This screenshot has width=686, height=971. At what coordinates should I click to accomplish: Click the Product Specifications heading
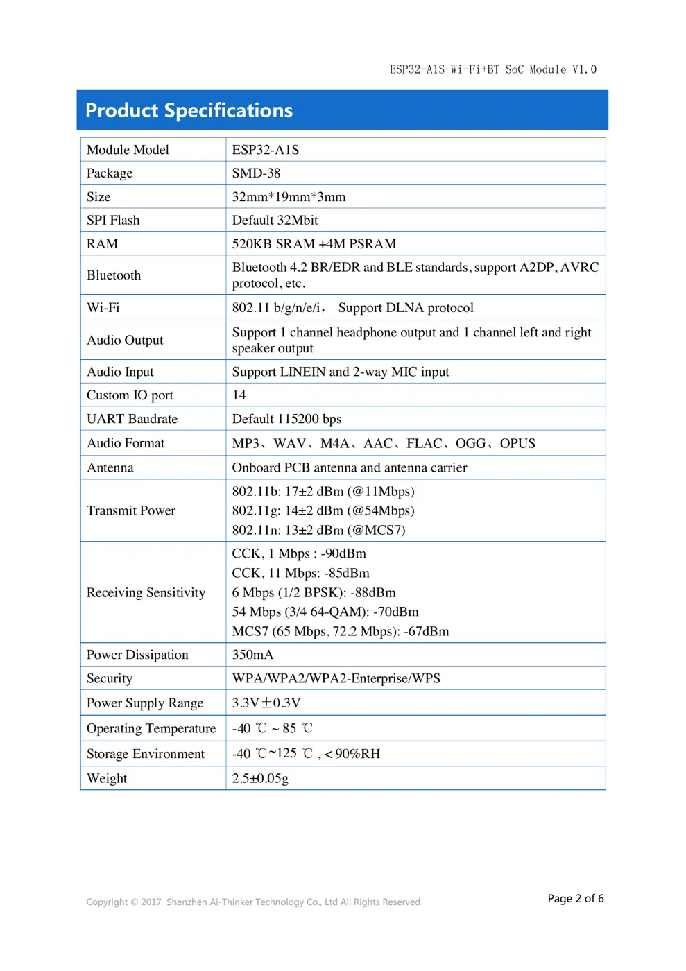click(x=189, y=111)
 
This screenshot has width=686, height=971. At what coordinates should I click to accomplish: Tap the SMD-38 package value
click(x=256, y=173)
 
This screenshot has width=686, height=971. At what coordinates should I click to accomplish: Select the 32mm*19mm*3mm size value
click(x=289, y=197)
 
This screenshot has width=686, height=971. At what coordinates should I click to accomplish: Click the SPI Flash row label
click(x=113, y=221)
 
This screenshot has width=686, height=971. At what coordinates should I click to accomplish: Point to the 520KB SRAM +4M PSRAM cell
click(x=314, y=244)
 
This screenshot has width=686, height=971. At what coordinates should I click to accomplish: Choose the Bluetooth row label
click(x=114, y=275)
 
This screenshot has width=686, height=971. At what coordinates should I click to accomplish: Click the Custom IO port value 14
click(x=239, y=395)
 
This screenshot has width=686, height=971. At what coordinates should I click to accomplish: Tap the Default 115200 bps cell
click(x=286, y=419)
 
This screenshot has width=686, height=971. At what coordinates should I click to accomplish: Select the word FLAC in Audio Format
click(x=424, y=444)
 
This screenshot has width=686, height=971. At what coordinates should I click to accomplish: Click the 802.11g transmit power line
click(x=323, y=510)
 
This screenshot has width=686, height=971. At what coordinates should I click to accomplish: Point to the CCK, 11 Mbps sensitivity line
click(x=300, y=574)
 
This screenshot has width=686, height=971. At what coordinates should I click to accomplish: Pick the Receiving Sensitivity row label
click(x=146, y=593)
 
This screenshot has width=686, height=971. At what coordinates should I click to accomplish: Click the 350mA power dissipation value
click(x=252, y=655)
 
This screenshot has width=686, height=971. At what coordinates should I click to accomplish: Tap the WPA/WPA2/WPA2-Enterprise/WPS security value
click(x=336, y=678)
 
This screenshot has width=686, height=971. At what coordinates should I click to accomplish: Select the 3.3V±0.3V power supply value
click(x=266, y=703)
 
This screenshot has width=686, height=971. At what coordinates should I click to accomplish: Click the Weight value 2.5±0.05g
click(x=260, y=778)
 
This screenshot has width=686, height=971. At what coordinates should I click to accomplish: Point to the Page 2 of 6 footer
click(x=575, y=899)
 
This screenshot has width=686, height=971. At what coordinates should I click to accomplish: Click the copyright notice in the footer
click(x=253, y=902)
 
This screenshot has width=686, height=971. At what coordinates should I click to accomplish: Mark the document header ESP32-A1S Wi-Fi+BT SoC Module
click(x=492, y=69)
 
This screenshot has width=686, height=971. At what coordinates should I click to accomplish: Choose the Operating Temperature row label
click(x=151, y=729)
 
